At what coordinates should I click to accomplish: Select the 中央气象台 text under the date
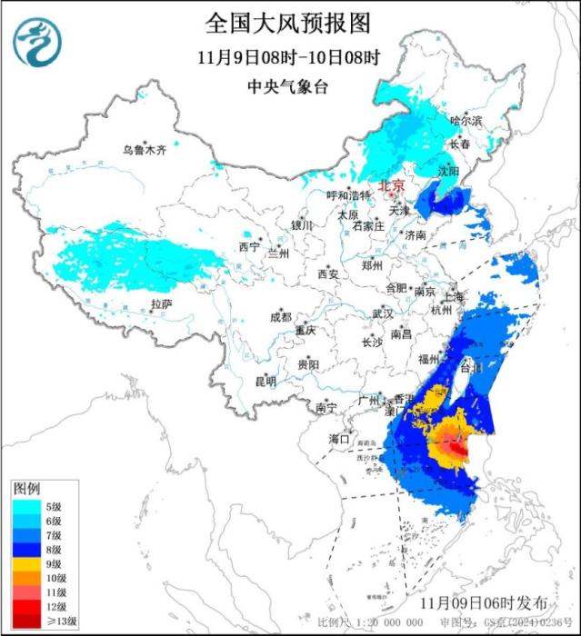pyautogui.click(x=289, y=86)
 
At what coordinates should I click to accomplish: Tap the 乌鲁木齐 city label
pyautogui.click(x=145, y=151)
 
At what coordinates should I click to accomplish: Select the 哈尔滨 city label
pyautogui.click(x=466, y=120)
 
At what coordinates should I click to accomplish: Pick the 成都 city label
pyautogui.click(x=280, y=317)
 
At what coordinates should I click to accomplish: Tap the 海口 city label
pyautogui.click(x=338, y=439)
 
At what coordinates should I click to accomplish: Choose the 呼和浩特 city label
pyautogui.click(x=349, y=195)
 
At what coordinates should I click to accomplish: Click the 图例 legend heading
pyautogui.click(x=25, y=489)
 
